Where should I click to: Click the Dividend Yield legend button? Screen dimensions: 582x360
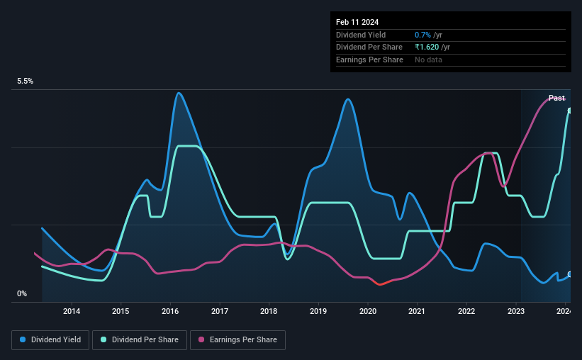[x=50, y=339]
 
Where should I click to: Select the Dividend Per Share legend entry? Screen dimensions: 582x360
[x=140, y=339]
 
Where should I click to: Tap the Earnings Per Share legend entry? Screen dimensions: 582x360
[x=237, y=339]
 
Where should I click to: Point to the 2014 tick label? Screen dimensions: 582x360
[x=72, y=311]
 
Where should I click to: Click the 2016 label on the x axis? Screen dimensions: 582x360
[x=170, y=311]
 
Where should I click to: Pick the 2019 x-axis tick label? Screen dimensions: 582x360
[x=318, y=311]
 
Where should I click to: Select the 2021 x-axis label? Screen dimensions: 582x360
[x=416, y=311]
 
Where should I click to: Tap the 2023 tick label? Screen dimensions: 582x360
[x=515, y=311]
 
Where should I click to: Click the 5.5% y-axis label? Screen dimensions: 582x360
[x=26, y=81]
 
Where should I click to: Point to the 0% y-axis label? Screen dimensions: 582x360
[x=22, y=293]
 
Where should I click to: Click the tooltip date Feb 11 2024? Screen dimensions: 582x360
[x=357, y=22]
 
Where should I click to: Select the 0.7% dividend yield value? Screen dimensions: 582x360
[x=422, y=35]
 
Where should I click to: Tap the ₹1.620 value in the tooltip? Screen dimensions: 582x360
[x=427, y=47]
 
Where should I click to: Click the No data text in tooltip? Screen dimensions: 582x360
[x=428, y=60]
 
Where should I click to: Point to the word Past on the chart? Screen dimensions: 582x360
[x=556, y=98]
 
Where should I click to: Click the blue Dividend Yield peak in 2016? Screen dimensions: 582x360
[x=179, y=93]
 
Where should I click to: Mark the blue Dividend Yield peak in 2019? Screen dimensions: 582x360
[x=348, y=99]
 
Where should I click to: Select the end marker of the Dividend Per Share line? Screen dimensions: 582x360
[x=570, y=111]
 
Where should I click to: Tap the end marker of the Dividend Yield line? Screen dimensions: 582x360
[x=570, y=275]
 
